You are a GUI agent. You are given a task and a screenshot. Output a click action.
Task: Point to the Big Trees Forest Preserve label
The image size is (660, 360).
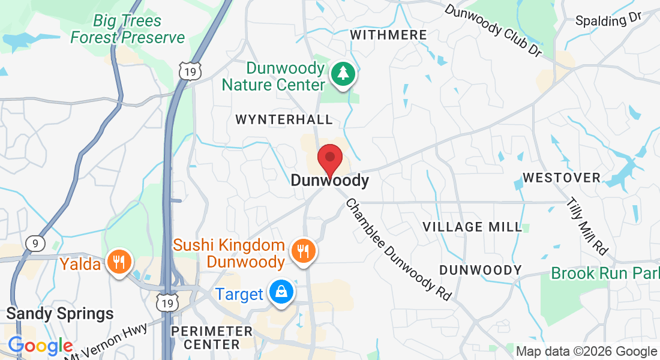[x=127, y=29]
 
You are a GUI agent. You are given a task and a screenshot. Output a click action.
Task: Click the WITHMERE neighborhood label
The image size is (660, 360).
[x=388, y=35]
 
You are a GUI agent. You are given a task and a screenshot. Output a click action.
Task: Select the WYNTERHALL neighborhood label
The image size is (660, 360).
[x=284, y=119]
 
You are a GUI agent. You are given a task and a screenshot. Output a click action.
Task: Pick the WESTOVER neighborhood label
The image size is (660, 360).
[x=562, y=178]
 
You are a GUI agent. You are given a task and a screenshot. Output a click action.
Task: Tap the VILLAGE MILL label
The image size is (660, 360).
[x=473, y=227]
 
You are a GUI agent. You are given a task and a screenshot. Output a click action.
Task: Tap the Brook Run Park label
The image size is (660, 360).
[x=605, y=274]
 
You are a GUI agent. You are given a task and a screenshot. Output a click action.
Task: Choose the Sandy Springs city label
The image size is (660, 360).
[x=59, y=313]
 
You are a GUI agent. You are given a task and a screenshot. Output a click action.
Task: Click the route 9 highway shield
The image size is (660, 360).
[x=36, y=243]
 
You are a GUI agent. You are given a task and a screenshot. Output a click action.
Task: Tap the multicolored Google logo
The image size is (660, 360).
[x=40, y=346]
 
